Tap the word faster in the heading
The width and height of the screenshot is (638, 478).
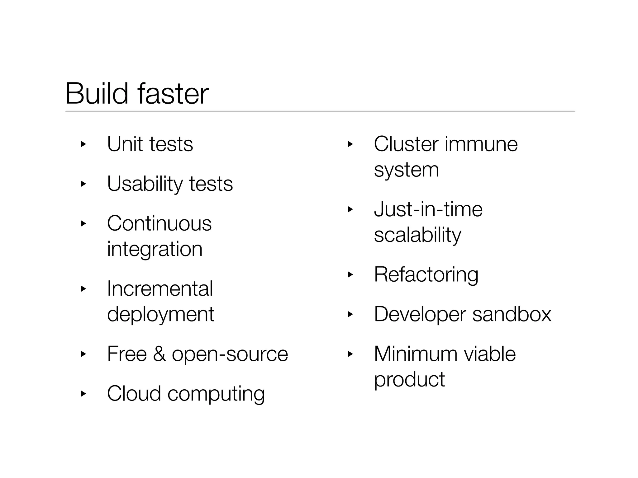tap(173, 93)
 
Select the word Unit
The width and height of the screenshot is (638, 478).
tap(125, 144)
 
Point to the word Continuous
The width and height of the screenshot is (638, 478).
tap(159, 223)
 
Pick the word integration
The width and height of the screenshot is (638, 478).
tap(155, 249)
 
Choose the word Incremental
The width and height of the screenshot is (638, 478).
tap(160, 288)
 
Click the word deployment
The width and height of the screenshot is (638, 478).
tap(160, 314)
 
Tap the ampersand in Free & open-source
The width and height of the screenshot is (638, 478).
tap(159, 354)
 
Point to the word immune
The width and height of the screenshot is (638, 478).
tap(481, 144)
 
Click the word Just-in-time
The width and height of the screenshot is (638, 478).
tap(428, 209)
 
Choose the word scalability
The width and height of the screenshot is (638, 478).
tap(417, 235)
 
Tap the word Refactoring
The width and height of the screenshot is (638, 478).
tap(426, 275)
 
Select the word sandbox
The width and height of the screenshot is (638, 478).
tap(512, 314)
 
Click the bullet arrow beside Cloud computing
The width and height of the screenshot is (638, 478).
tap(83, 394)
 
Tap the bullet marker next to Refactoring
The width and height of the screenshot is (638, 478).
tap(350, 274)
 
